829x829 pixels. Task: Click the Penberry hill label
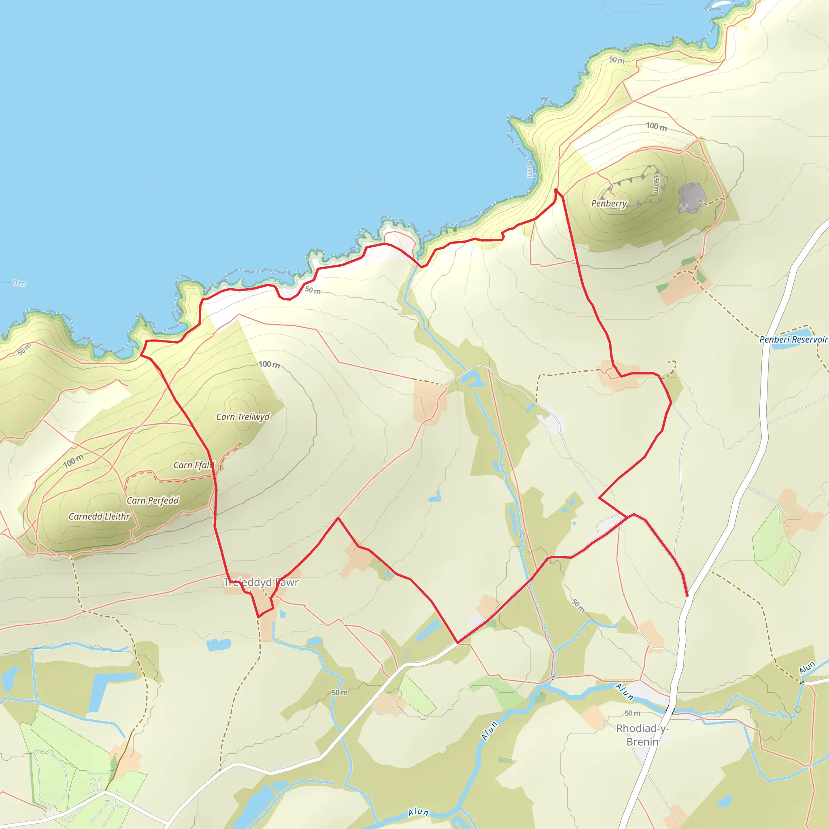point(609,203)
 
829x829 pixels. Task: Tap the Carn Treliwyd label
point(243,417)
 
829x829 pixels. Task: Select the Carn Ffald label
point(193,465)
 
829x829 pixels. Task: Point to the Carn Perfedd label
point(153,501)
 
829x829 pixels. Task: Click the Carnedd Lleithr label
point(99,517)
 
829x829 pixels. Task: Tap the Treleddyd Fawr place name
point(261,582)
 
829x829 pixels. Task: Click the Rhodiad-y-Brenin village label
point(642,735)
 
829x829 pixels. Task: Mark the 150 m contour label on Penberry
point(656,184)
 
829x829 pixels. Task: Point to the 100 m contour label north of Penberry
point(657,127)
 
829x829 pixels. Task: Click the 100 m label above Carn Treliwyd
point(269,365)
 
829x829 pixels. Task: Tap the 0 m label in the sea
point(19,283)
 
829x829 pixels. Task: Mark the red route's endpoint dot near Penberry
point(556,190)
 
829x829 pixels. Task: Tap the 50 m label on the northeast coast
point(616,60)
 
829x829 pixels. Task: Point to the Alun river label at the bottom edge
point(419,812)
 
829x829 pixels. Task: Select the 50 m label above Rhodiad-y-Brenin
point(633,713)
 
